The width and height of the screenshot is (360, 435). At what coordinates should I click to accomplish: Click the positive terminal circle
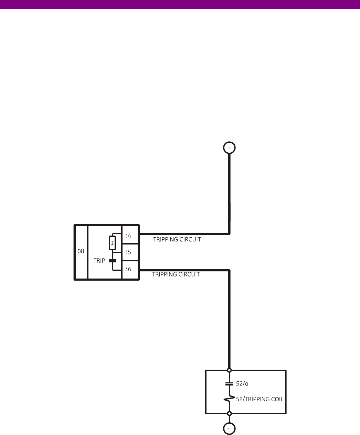click(229, 148)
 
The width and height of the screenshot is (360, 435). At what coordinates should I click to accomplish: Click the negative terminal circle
click(229, 429)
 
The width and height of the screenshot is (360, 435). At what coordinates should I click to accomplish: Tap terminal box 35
click(130, 252)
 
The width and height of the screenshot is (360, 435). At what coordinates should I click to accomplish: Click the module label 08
click(81, 251)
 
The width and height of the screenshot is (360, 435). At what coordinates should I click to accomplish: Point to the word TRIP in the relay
click(99, 261)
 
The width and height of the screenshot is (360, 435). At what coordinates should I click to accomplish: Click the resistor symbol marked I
click(112, 243)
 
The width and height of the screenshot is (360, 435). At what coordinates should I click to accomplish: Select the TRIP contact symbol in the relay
click(112, 261)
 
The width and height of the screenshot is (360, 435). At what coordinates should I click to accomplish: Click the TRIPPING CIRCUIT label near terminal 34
click(177, 240)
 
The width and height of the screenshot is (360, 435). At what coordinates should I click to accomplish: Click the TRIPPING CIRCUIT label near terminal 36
click(176, 274)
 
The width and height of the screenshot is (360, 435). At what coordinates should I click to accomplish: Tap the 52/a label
click(242, 383)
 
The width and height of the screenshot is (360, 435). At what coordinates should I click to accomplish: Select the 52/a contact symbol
click(229, 383)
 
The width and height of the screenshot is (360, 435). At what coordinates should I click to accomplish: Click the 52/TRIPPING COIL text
click(260, 399)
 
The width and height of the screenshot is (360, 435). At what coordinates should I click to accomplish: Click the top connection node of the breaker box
click(229, 370)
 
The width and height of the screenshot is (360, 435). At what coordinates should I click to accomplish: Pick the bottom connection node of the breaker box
click(229, 413)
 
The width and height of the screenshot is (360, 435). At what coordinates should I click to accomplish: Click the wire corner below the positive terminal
click(229, 234)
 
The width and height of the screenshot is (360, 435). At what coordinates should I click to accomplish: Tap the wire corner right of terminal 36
click(229, 270)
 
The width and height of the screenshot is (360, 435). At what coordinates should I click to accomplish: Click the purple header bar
click(180, 4)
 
